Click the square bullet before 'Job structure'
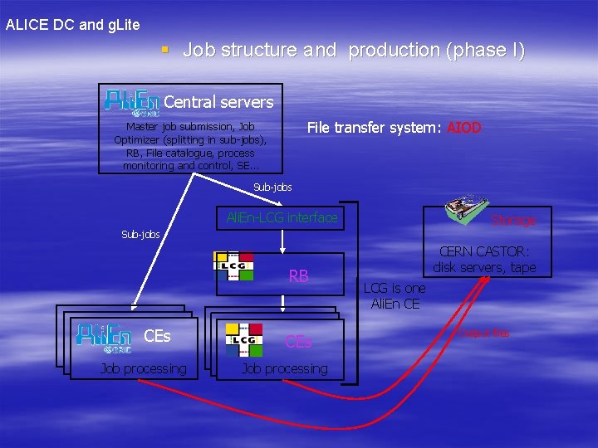point(165,50)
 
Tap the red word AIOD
point(463,128)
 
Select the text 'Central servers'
point(218,102)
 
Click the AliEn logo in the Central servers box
point(130,102)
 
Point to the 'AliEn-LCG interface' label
point(282,218)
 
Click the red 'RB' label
point(298,276)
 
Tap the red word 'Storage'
point(512,221)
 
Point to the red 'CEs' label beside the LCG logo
point(298,341)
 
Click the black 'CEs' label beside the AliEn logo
point(157,336)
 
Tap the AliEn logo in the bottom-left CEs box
point(103,336)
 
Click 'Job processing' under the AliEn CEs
point(143,368)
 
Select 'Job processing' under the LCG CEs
point(284,368)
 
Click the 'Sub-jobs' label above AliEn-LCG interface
point(272,187)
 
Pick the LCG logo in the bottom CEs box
point(245,340)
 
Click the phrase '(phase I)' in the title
point(485,50)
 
